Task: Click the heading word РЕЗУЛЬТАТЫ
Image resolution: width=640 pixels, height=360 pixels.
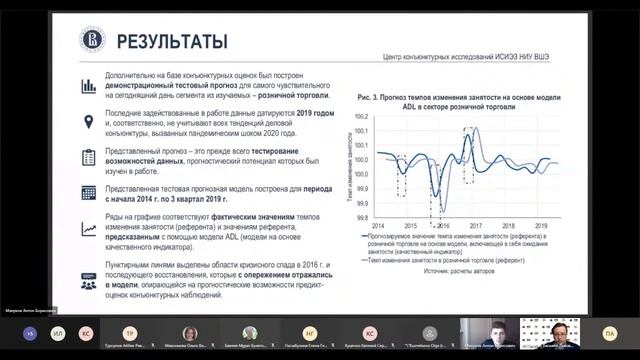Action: pos(171,41)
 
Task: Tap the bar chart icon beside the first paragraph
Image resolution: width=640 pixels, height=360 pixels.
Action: pos(91,87)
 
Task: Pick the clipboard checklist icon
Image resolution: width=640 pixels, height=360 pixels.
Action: pos(91,157)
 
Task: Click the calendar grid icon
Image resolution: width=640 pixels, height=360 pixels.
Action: pos(91,192)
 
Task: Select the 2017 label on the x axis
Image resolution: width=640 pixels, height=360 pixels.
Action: pos(476,226)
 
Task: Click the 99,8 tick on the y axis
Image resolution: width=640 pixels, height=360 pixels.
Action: pos(362,217)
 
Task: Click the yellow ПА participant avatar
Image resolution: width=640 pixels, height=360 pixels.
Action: pos(610,332)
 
